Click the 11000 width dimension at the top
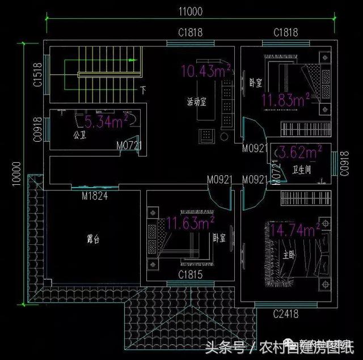tap(191, 11)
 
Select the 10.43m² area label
tap(205, 71)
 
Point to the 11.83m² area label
tap(285, 101)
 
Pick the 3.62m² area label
tap(298, 151)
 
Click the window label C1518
tap(38, 74)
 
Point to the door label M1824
tap(94, 196)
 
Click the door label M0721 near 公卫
tap(129, 146)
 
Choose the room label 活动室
tap(197, 102)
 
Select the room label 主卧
tap(289, 255)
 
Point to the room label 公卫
tap(79, 135)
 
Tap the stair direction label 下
tap(143, 90)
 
